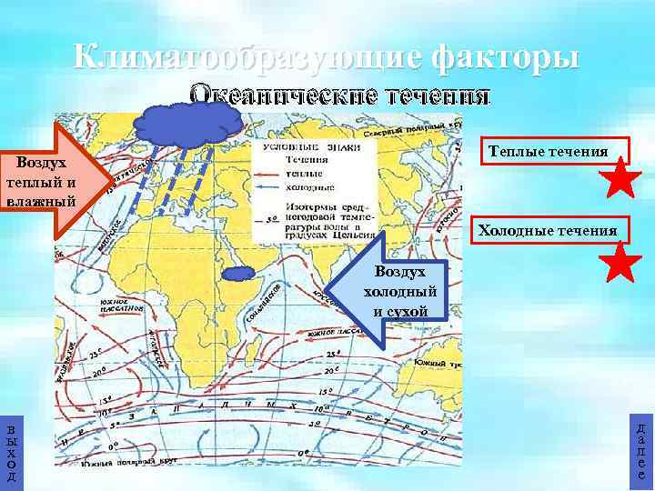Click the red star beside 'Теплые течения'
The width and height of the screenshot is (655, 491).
click(x=622, y=178)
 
